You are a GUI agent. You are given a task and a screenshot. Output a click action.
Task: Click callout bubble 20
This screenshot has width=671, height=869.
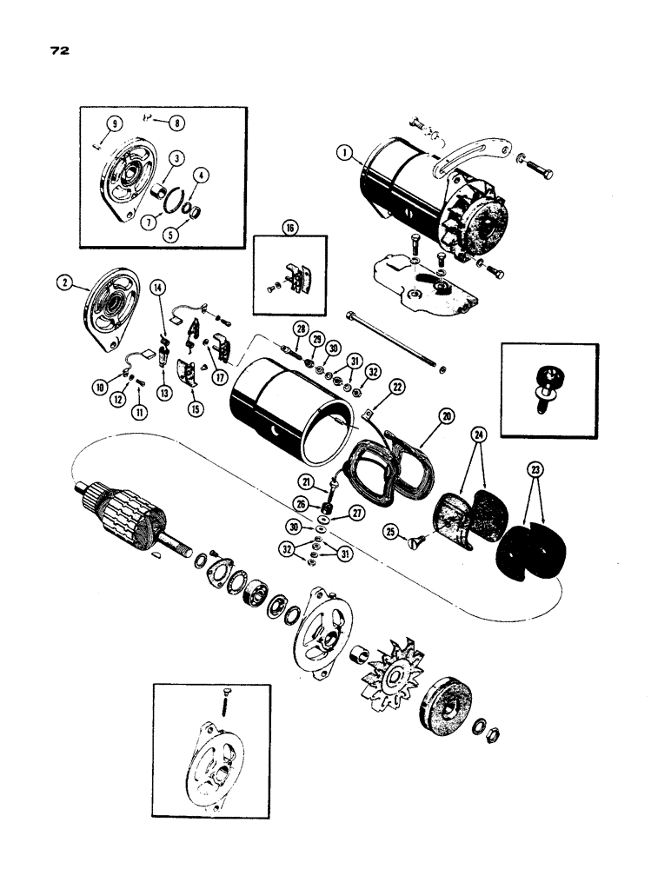coord(448,417)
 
